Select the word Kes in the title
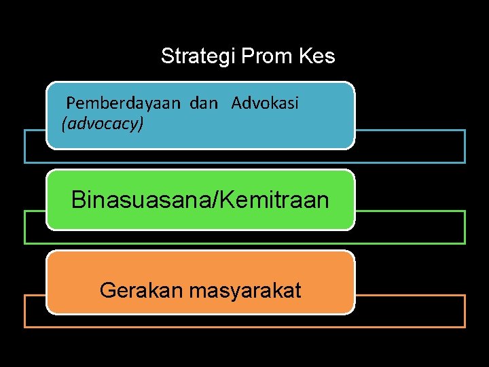click(316, 56)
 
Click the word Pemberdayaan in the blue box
click(124, 103)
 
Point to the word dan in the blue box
click(204, 103)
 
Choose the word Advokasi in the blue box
click(265, 103)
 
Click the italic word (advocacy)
click(103, 124)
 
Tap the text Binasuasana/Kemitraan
click(200, 200)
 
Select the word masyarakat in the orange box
click(245, 291)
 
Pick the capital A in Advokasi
click(236, 103)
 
